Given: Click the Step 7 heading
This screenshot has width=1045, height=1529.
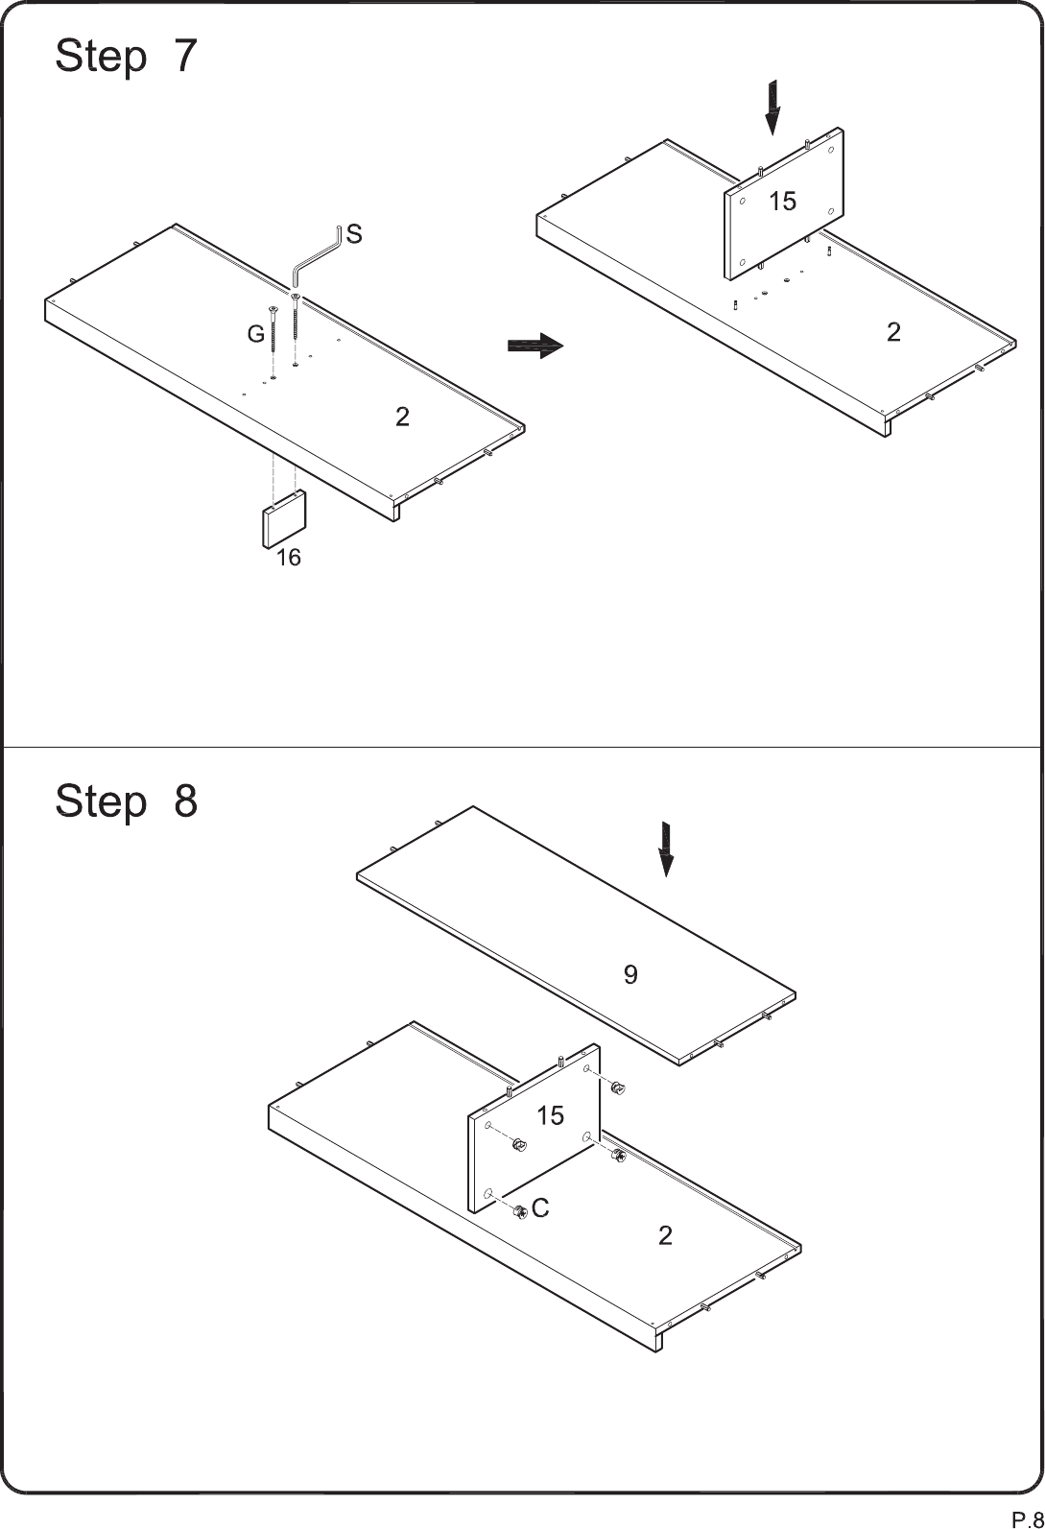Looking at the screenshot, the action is (127, 56).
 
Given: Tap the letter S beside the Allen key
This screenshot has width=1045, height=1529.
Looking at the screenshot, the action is (354, 234).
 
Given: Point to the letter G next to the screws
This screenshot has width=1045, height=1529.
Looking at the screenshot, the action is (255, 334).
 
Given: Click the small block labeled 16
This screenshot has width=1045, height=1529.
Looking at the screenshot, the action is (284, 518).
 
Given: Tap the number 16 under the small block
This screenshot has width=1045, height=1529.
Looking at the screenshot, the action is (288, 558).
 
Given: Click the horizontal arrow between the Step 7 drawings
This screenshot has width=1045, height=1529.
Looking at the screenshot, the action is (535, 346).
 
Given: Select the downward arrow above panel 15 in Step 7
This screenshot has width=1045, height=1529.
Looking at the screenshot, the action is (772, 108).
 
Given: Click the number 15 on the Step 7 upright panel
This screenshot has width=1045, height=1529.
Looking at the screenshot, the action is (782, 202).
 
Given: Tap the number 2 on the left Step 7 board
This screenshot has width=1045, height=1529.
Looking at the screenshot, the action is (403, 417).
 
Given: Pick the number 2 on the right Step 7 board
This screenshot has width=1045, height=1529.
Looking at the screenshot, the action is (893, 332).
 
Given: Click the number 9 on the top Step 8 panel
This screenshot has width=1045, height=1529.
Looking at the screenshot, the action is (630, 974).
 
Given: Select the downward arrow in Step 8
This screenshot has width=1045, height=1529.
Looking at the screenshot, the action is (666, 849).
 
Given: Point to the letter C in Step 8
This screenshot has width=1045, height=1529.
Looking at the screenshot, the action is (540, 1208).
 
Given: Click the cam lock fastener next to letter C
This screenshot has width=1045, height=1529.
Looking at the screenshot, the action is (521, 1212).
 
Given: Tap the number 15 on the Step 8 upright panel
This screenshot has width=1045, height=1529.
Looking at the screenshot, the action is (550, 1116).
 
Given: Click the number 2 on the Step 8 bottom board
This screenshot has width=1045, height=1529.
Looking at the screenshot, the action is (666, 1235).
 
